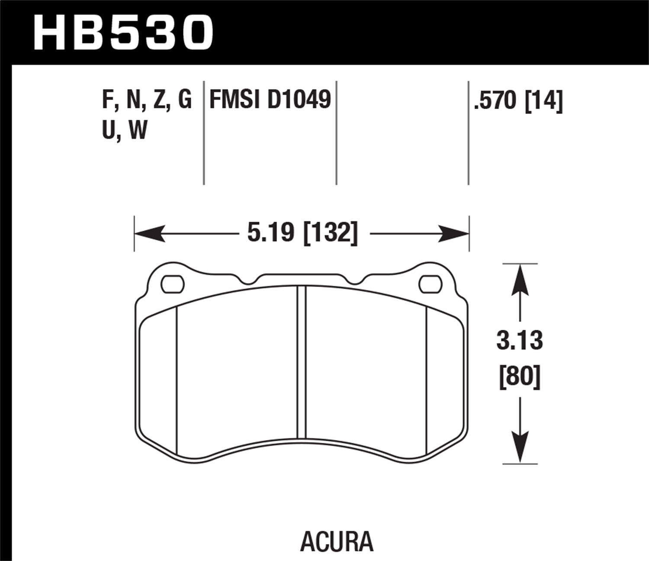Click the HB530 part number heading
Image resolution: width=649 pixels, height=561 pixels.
123,32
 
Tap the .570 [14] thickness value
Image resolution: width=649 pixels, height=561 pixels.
518,101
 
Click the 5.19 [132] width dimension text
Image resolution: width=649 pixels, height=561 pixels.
302,233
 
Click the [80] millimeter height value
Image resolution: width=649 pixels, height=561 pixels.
520,377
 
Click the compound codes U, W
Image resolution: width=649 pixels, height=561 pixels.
125,130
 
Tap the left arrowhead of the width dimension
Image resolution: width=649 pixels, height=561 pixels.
149,233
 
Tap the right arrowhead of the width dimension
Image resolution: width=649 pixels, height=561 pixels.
454,233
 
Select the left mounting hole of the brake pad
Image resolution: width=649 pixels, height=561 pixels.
173,284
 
